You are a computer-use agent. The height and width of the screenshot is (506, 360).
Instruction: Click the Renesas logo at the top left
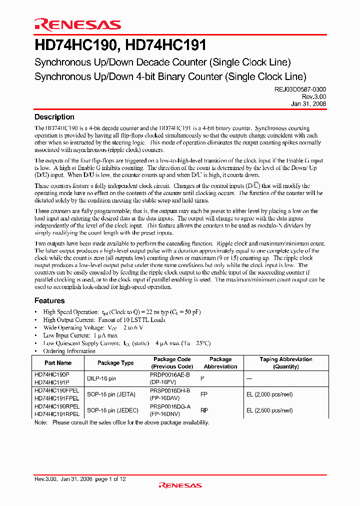(x=77, y=25)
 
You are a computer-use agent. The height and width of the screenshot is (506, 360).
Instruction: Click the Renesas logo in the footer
(x=180, y=485)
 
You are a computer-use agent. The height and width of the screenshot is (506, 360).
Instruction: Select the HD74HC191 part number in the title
(x=164, y=46)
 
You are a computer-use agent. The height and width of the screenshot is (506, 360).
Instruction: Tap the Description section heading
(x=54, y=117)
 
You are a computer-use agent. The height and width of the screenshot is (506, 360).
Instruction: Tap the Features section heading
(x=49, y=300)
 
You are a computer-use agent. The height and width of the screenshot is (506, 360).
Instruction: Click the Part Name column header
(x=57, y=363)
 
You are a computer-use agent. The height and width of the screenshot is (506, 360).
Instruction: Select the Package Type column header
(x=115, y=363)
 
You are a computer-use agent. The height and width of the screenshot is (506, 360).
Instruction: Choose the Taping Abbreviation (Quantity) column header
(x=286, y=363)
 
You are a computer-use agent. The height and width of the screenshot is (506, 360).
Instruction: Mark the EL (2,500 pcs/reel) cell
(x=269, y=410)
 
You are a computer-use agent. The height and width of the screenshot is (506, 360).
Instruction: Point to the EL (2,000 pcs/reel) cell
(x=269, y=394)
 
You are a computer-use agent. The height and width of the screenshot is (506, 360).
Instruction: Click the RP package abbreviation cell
(x=204, y=410)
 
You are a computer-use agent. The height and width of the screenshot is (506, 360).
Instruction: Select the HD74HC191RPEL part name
(x=57, y=414)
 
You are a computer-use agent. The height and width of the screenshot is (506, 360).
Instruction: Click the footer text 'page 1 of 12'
(x=110, y=479)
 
